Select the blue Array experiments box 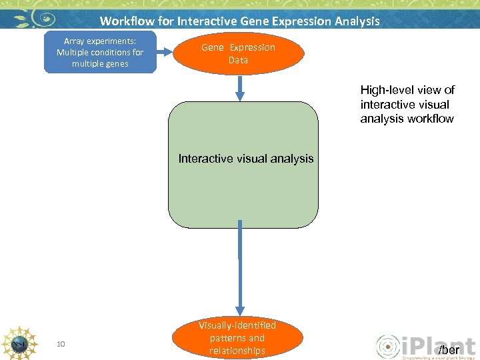click(100, 52)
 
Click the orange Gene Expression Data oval click(238, 53)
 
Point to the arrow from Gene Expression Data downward click(239, 87)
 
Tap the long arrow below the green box click(239, 273)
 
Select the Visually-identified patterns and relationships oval click(237, 338)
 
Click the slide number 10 click(61, 344)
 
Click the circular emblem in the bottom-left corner click(18, 343)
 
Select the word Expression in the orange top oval click(252, 47)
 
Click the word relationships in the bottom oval click(237, 351)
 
